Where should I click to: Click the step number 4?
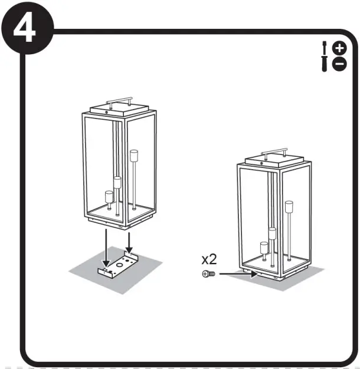click(x=24, y=29)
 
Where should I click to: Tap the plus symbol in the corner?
click(x=339, y=48)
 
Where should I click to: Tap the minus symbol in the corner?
click(x=339, y=64)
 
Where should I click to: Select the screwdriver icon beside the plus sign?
click(x=325, y=48)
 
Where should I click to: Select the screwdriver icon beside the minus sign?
click(x=325, y=64)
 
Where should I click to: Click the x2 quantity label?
click(x=210, y=259)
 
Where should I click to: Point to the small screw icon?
click(x=208, y=274)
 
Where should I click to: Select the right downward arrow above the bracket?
click(x=129, y=240)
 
